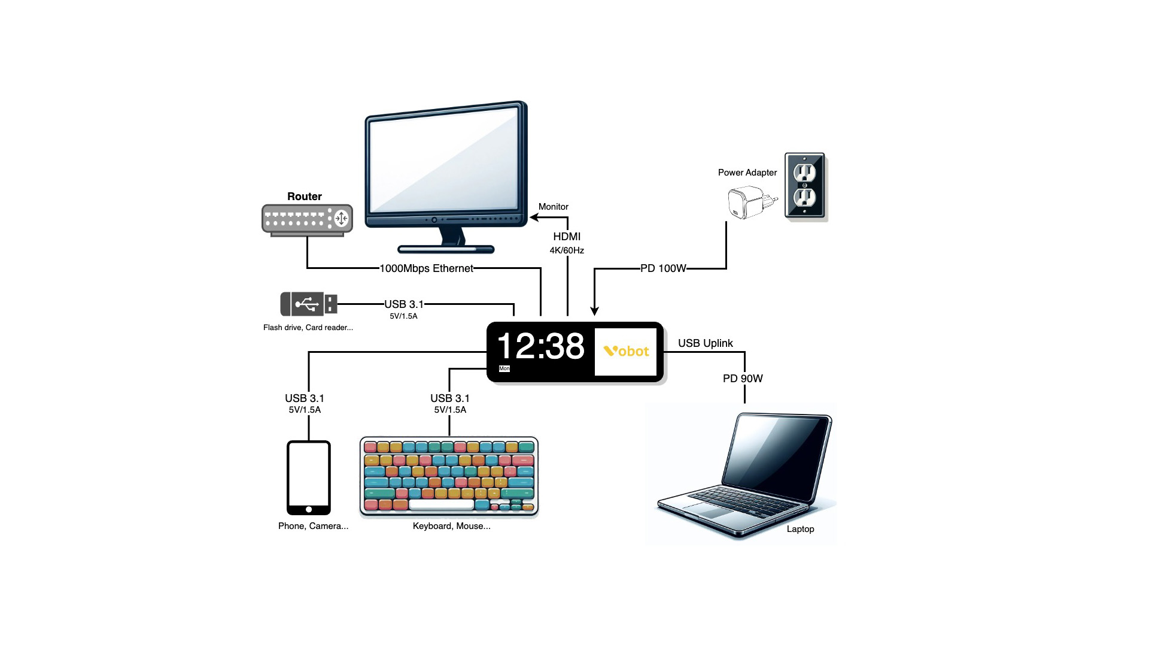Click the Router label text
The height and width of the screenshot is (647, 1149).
(x=304, y=196)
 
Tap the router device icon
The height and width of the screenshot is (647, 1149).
(x=307, y=219)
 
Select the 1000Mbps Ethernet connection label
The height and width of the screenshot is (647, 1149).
(x=426, y=268)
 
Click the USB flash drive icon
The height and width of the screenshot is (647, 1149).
(x=309, y=304)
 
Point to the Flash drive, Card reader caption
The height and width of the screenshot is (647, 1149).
(x=308, y=328)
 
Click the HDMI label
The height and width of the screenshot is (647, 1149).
(x=567, y=237)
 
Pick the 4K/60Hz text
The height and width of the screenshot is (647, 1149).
(x=567, y=250)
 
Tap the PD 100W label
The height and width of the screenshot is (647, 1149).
(x=663, y=268)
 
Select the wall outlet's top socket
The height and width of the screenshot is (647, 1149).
(x=804, y=173)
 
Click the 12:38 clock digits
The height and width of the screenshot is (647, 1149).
(x=540, y=346)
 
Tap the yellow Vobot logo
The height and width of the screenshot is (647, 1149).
(x=626, y=352)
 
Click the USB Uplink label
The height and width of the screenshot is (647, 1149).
(x=705, y=343)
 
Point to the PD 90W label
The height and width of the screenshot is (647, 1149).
(x=743, y=379)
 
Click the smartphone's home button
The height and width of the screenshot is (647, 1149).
(x=309, y=510)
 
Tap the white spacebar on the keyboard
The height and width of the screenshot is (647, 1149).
(x=442, y=505)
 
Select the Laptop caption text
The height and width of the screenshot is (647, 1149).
(x=800, y=529)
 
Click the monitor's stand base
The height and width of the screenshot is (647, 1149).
(x=446, y=249)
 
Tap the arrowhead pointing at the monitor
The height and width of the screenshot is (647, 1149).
(x=534, y=217)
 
